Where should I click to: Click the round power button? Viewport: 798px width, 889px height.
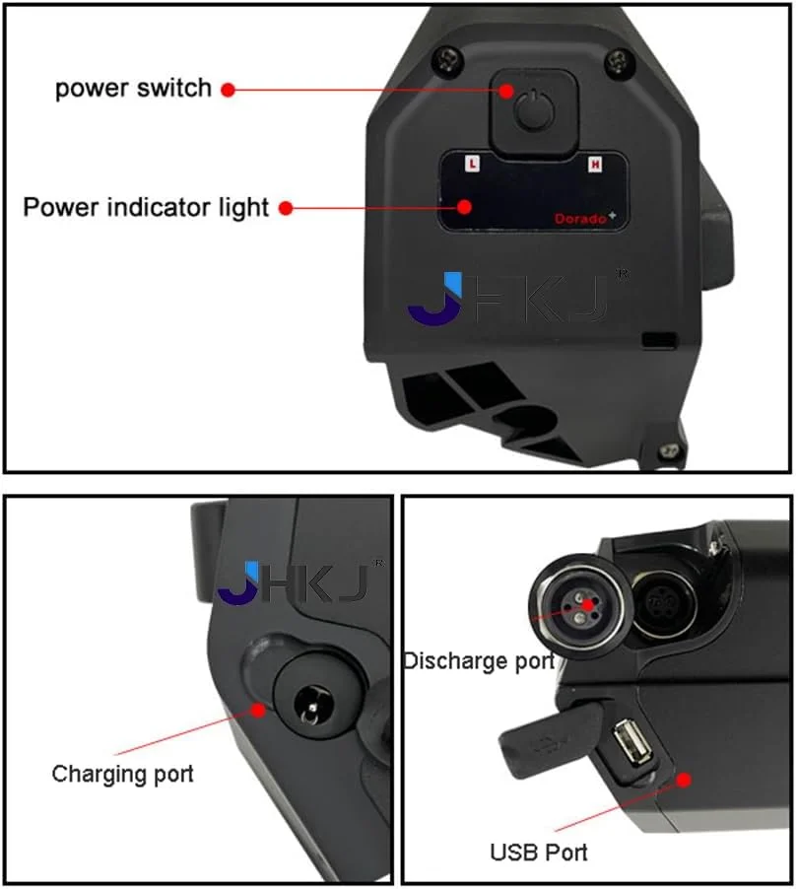pyautogui.click(x=533, y=109)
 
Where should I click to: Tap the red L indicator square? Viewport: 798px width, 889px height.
pyautogui.click(x=472, y=165)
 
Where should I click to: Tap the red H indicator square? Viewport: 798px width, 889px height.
pyautogui.click(x=594, y=165)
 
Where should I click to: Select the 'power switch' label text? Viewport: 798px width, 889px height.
pyautogui.click(x=133, y=89)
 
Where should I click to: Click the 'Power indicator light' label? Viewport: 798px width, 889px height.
pyautogui.click(x=146, y=208)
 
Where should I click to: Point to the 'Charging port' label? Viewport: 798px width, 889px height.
pyautogui.click(x=122, y=774)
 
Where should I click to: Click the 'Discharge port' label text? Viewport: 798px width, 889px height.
pyautogui.click(x=480, y=661)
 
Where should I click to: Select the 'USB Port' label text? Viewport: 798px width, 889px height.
pyautogui.click(x=539, y=853)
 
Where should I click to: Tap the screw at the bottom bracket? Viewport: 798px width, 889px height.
pyautogui.click(x=669, y=450)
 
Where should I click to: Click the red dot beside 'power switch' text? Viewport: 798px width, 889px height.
pyautogui.click(x=228, y=90)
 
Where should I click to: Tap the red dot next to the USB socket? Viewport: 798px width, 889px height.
pyautogui.click(x=684, y=781)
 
